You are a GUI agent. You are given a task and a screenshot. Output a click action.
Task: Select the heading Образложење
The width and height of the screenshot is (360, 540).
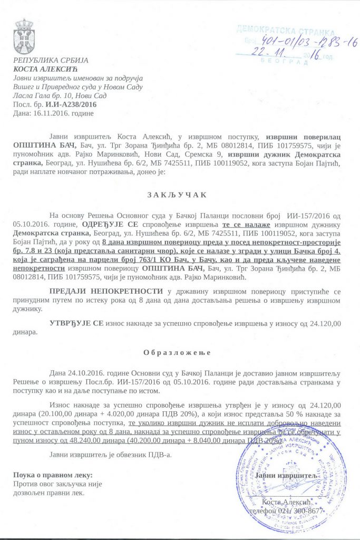pos(178,352)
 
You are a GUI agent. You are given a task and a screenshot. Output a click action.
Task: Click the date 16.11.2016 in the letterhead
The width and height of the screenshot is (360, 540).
pos(52,113)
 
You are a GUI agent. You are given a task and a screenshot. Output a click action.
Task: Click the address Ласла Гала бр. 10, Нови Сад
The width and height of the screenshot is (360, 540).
pos(60,95)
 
